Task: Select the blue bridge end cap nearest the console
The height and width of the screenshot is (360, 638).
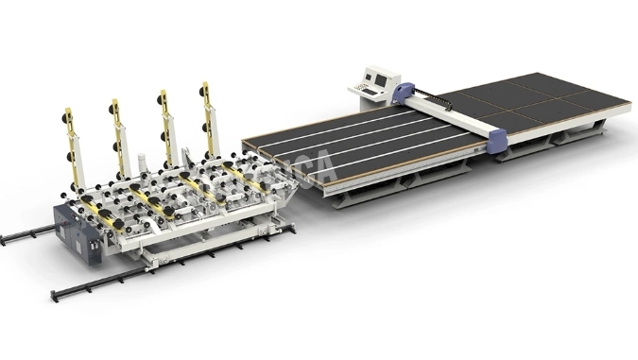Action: click(404, 91)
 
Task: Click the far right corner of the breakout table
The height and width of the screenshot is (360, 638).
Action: click(629, 108)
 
